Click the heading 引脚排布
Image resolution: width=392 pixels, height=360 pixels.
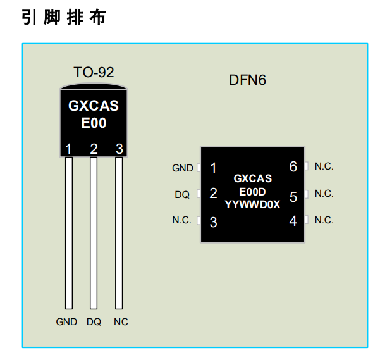[63, 17]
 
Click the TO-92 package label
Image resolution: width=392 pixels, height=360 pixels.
[94, 72]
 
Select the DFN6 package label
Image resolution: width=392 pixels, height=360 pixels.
[247, 81]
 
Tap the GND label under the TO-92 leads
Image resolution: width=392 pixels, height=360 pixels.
[66, 321]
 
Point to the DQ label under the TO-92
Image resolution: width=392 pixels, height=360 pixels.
[94, 321]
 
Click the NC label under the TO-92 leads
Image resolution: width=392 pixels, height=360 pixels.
[121, 321]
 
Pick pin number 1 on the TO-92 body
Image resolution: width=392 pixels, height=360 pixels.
[68, 149]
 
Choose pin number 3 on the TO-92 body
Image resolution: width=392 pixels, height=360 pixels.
[119, 149]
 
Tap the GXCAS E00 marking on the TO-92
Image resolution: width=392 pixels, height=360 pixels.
[94, 115]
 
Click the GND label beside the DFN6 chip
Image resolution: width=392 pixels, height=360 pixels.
[183, 168]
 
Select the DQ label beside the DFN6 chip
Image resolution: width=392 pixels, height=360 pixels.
[182, 195]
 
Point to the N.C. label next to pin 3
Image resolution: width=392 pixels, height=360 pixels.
[181, 221]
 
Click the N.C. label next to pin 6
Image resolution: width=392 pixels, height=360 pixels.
[324, 166]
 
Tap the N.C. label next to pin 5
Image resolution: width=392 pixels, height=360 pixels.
[324, 194]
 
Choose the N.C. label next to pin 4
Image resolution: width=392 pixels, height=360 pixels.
[324, 220]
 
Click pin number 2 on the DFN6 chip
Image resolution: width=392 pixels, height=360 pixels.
[213, 194]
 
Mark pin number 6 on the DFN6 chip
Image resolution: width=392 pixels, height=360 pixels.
[293, 167]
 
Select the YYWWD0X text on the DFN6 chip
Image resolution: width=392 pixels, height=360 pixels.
[252, 204]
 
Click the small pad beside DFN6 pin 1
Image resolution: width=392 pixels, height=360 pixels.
[199, 168]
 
